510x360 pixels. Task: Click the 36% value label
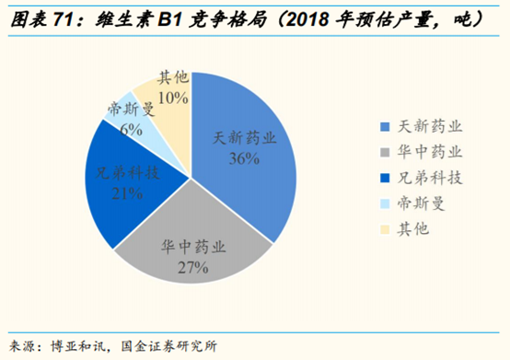coord(244,158)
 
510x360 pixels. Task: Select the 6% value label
coord(130,130)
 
